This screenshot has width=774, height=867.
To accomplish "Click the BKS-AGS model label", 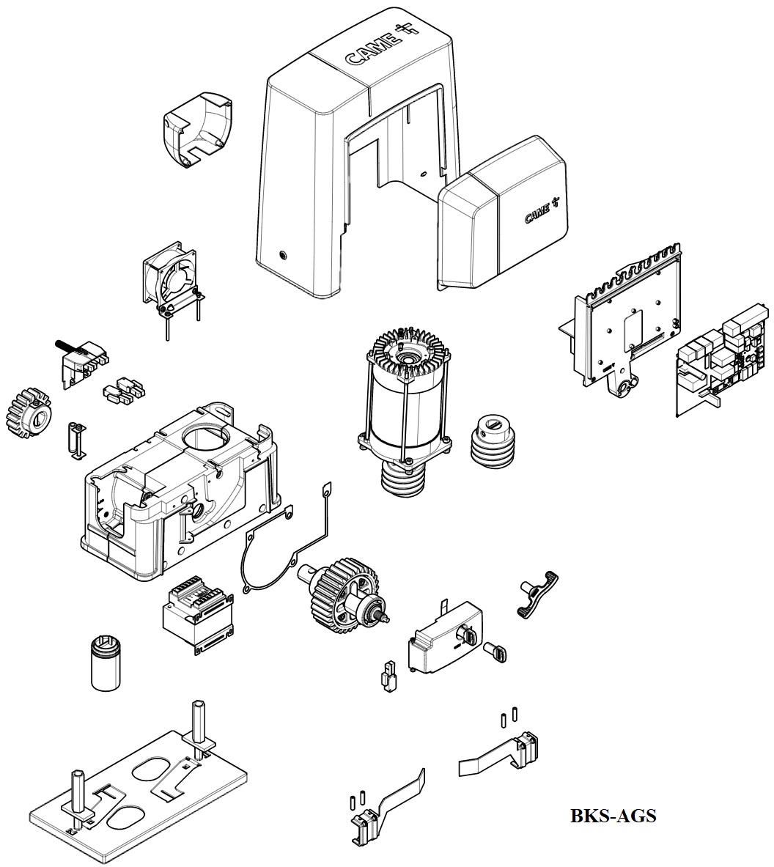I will (613, 815).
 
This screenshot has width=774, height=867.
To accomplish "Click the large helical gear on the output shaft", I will (342, 591).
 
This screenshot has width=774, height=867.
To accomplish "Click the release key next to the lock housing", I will (496, 652).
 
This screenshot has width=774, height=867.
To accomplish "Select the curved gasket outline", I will (268, 547).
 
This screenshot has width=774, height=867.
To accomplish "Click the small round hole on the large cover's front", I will (284, 255).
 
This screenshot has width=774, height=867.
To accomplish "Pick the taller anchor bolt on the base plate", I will (198, 722).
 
